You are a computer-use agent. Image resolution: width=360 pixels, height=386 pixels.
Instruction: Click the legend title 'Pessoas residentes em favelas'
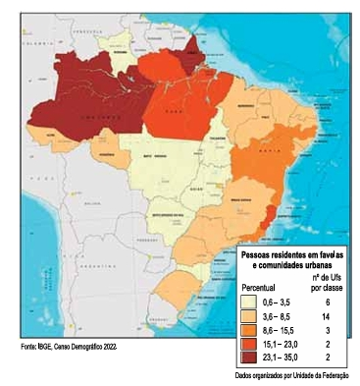coord(292,254)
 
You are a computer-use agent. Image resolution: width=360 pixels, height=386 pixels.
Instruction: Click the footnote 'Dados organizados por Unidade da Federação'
coord(292,375)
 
